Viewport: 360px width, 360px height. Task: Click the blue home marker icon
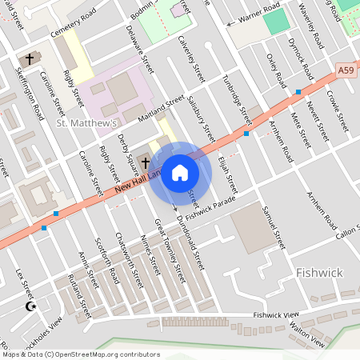point(180,173)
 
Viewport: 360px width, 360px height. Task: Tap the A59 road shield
point(346,71)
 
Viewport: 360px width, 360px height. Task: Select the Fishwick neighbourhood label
point(318,273)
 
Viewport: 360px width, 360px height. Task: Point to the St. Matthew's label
point(86,123)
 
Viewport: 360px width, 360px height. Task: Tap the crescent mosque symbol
point(31,306)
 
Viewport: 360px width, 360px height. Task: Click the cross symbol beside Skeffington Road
point(30,59)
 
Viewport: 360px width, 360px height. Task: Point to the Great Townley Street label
point(170,247)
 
